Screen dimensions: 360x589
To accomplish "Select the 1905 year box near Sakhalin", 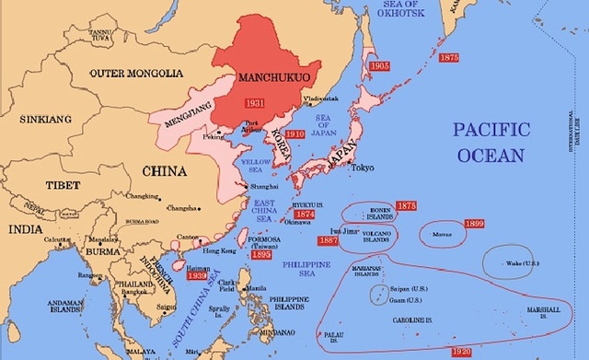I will [379, 66].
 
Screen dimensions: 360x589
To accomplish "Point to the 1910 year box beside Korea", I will [294, 134].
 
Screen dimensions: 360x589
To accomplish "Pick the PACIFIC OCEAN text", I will [491, 142].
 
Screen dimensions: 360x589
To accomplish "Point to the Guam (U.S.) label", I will [400, 299].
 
